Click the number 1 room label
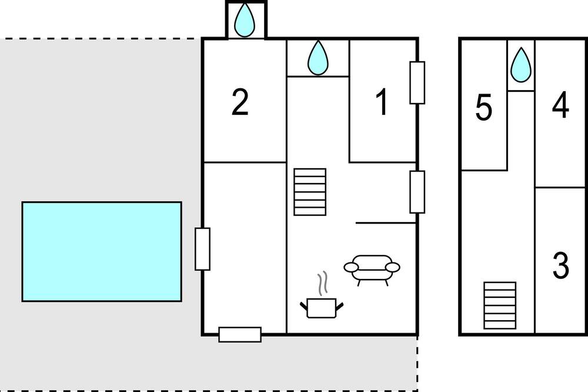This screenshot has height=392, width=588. pyautogui.click(x=382, y=102)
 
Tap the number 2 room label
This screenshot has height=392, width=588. pyautogui.click(x=240, y=102)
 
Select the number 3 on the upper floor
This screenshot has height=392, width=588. pyautogui.click(x=560, y=265)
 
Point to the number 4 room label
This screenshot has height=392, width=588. pyautogui.click(x=560, y=105)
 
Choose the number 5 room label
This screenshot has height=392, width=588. pyautogui.click(x=484, y=108)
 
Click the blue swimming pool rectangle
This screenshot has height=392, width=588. pyautogui.click(x=102, y=251)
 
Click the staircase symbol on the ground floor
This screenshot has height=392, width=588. pyautogui.click(x=310, y=192)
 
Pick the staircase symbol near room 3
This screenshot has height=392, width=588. pyautogui.click(x=500, y=305)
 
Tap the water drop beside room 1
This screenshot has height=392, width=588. pyautogui.click(x=318, y=58)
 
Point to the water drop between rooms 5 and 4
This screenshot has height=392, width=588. pyautogui.click(x=521, y=65)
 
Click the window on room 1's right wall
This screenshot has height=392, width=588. pyautogui.click(x=417, y=82)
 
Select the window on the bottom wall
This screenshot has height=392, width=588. pyautogui.click(x=240, y=334)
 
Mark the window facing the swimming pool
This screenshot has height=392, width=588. pyautogui.click(x=202, y=249)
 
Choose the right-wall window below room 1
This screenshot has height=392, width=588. pyautogui.click(x=417, y=192)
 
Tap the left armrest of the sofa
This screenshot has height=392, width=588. pyautogui.click(x=352, y=267)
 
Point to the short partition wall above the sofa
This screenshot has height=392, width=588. pyautogui.click(x=386, y=223)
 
